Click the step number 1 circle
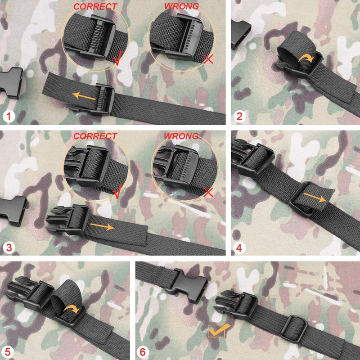8,117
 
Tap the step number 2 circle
239,117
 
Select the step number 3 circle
8,247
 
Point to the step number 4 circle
239,247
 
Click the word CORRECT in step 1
95,7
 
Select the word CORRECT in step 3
95,136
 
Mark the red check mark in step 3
118,193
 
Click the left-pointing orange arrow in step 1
85,96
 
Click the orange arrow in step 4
314,197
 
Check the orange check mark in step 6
219,330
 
